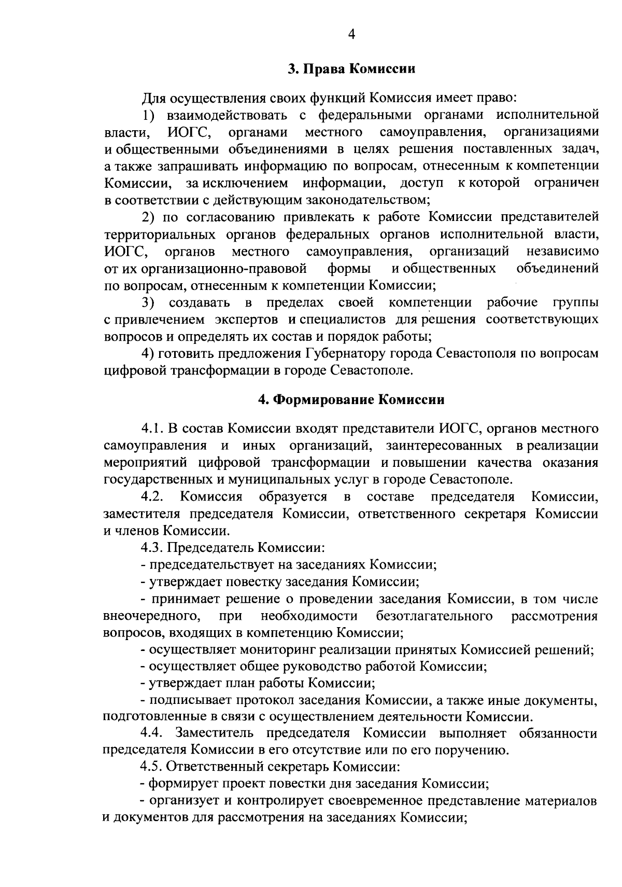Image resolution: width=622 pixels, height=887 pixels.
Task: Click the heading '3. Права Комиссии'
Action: click(352, 69)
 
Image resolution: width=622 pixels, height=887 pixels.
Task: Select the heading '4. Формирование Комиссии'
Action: click(351, 400)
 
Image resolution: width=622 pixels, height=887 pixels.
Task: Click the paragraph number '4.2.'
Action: click(152, 497)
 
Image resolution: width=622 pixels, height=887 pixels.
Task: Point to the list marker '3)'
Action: click(149, 302)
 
